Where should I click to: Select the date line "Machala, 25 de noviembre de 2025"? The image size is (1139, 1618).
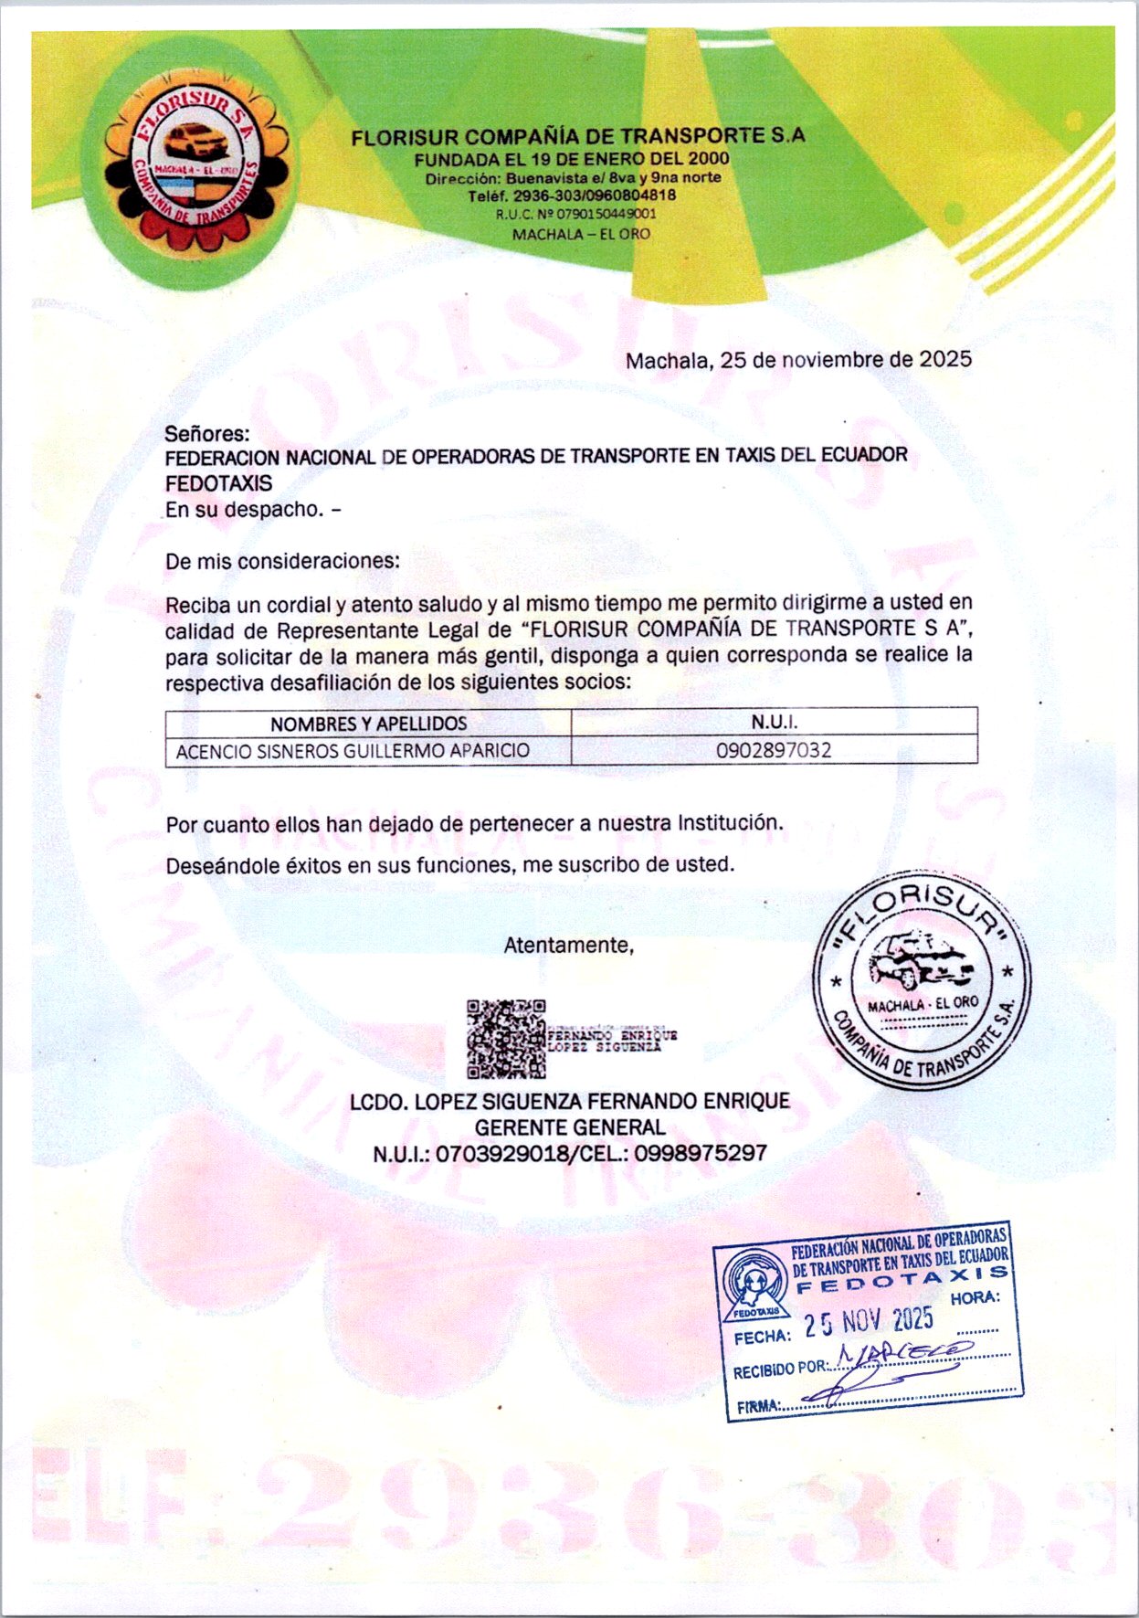tap(797, 360)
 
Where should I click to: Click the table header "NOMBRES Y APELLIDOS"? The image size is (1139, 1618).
tap(368, 724)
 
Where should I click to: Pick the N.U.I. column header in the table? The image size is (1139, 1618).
tap(774, 722)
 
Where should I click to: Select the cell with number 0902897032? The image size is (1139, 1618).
tap(774, 751)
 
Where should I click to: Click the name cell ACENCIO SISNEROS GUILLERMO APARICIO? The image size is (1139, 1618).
tap(353, 751)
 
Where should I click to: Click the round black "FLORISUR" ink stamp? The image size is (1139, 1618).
tap(922, 980)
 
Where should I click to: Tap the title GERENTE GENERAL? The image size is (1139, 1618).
tap(570, 1127)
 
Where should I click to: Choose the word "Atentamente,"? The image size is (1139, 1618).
tap(568, 946)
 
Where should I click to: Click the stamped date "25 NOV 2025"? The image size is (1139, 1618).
tap(868, 1321)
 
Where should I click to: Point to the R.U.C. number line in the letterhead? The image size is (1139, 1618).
tap(575, 215)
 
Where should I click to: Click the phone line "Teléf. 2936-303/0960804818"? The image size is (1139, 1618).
tap(572, 196)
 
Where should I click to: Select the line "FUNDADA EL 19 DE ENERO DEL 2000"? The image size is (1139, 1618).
tap(572, 159)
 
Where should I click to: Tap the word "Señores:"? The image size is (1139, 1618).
tap(206, 434)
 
